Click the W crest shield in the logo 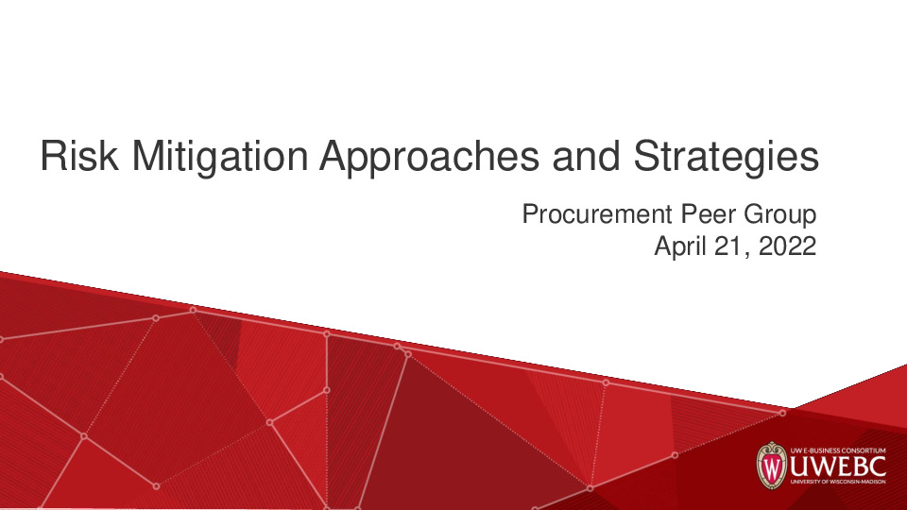click(x=772, y=467)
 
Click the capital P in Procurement click(x=531, y=215)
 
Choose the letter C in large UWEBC click(x=877, y=468)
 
